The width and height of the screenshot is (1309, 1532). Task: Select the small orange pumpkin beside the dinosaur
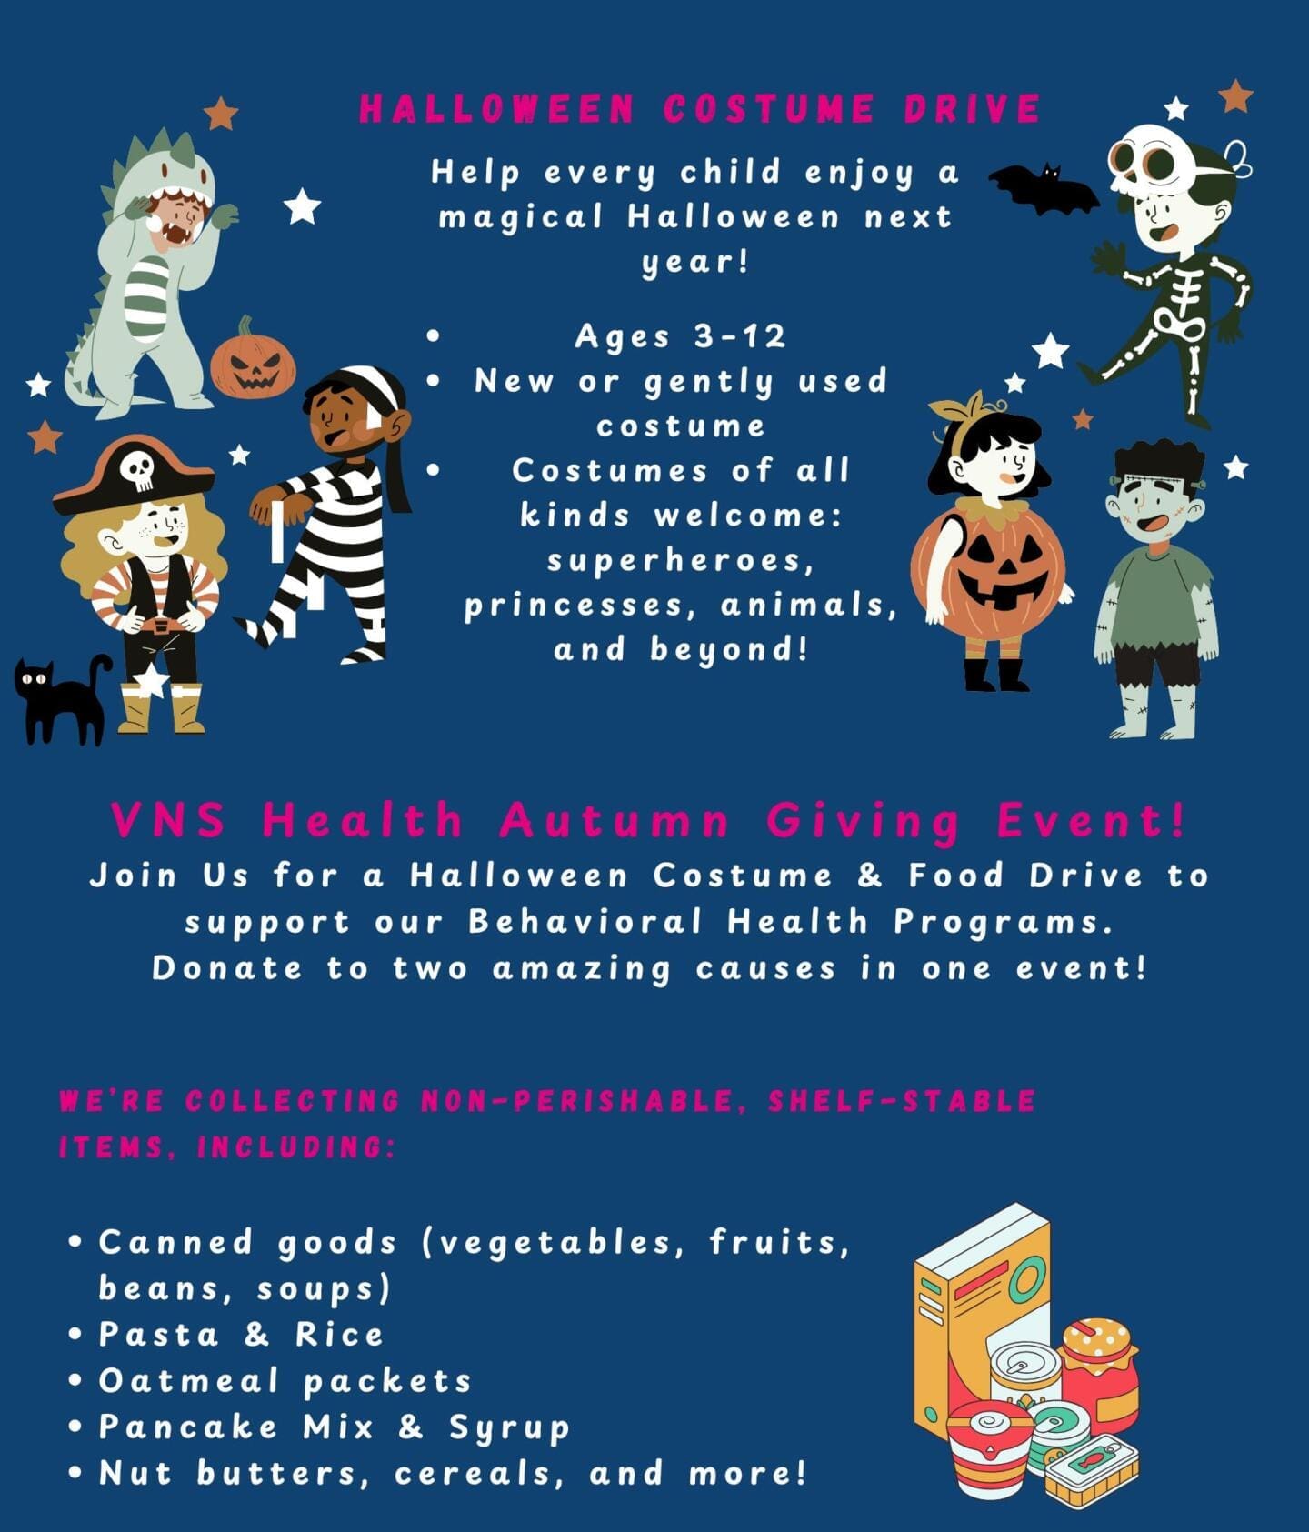254,361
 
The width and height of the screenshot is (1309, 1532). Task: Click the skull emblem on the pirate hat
137,470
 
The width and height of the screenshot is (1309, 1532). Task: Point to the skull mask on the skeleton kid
1150,162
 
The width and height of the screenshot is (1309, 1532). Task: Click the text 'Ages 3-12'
680,336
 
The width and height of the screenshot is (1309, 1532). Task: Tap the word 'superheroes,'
680,561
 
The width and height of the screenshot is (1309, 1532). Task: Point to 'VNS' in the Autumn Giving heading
169,820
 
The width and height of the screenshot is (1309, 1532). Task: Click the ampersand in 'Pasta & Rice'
257,1335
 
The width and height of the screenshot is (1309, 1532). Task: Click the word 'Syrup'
509,1427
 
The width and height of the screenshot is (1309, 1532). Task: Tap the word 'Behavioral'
585,922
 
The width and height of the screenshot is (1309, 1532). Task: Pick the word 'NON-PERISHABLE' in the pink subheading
578,1101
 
